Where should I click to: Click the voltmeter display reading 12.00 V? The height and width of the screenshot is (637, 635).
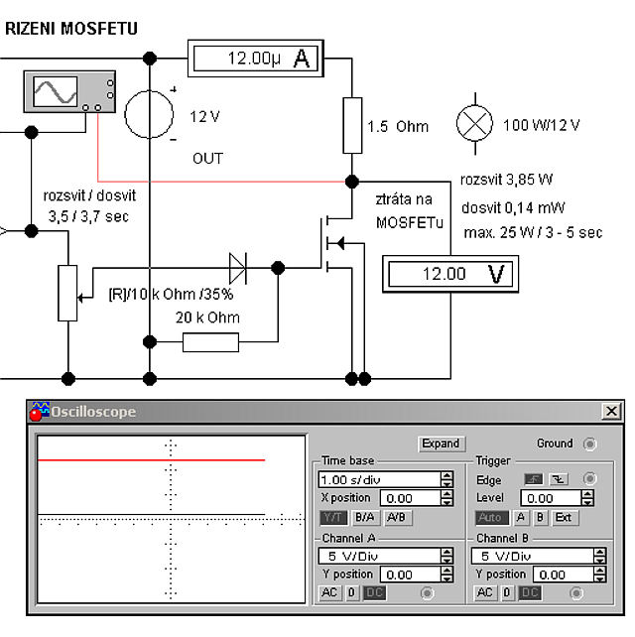point(449,273)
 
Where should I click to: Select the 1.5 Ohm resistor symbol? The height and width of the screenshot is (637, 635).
point(352,125)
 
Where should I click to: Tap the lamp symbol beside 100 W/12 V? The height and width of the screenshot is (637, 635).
point(473,124)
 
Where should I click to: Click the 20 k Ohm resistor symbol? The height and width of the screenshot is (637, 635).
point(210,342)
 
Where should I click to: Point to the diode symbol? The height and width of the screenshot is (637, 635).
point(238,266)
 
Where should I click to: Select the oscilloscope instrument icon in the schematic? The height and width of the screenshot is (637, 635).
point(68,92)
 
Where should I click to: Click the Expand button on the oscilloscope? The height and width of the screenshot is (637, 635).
point(441,444)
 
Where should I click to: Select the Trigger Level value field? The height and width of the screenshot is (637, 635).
point(553,498)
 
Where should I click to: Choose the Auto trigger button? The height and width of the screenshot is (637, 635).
point(490,518)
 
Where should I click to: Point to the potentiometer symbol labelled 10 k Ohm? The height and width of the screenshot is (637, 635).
point(67,292)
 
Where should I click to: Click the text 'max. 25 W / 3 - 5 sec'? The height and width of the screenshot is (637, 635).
point(533,233)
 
